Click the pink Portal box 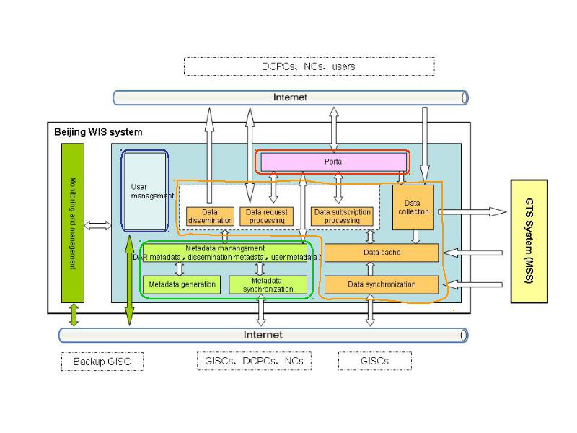pos(334,162)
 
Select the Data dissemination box pos(210,216)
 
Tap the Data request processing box pos(266,216)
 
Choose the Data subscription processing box pos(342,216)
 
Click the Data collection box pos(413,207)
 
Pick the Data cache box pos(382,253)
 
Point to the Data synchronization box pos(382,284)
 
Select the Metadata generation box pos(182,284)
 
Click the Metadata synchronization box pos(268,284)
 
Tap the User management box pos(145,191)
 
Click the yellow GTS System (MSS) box pos(529,242)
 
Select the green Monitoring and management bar pos(73,223)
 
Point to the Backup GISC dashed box pos(102,362)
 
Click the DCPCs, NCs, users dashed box pos(309,66)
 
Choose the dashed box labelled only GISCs pos(375,361)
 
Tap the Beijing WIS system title pos(98,132)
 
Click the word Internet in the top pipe pos(290,97)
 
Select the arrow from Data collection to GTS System pos(472,211)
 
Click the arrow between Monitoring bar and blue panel pos(97,225)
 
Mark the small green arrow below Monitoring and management pos(74,315)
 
